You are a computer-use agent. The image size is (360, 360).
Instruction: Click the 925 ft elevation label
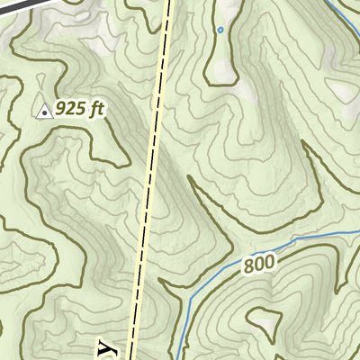[x=80, y=109]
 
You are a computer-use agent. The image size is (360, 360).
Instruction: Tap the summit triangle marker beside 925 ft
[x=42, y=111]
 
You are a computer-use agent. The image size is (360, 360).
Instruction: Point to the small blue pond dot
[x=220, y=30]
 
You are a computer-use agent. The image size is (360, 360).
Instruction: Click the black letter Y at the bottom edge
[x=108, y=350]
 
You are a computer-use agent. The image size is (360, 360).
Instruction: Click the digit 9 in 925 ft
[x=61, y=109]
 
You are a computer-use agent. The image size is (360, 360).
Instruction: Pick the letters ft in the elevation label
[x=98, y=109]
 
